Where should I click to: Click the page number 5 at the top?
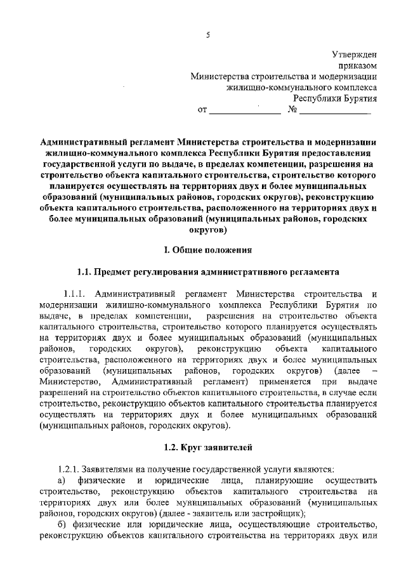coord(207,34)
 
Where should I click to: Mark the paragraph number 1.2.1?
coord(67,469)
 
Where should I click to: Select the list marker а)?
coord(62,479)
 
